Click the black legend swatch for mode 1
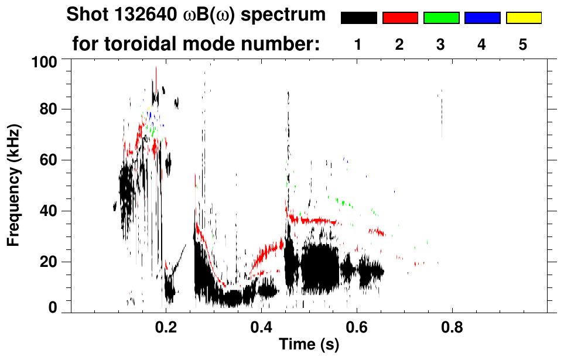[358, 18]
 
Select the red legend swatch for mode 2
[400, 18]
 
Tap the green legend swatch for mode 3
[441, 18]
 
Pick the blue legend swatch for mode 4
[482, 18]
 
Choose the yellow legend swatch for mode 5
[524, 18]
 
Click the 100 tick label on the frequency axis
[46, 60]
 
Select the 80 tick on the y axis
[49, 109]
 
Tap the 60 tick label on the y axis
[49, 160]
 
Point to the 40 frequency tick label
[49, 211]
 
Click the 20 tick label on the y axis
[49, 262]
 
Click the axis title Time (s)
[309, 345]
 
